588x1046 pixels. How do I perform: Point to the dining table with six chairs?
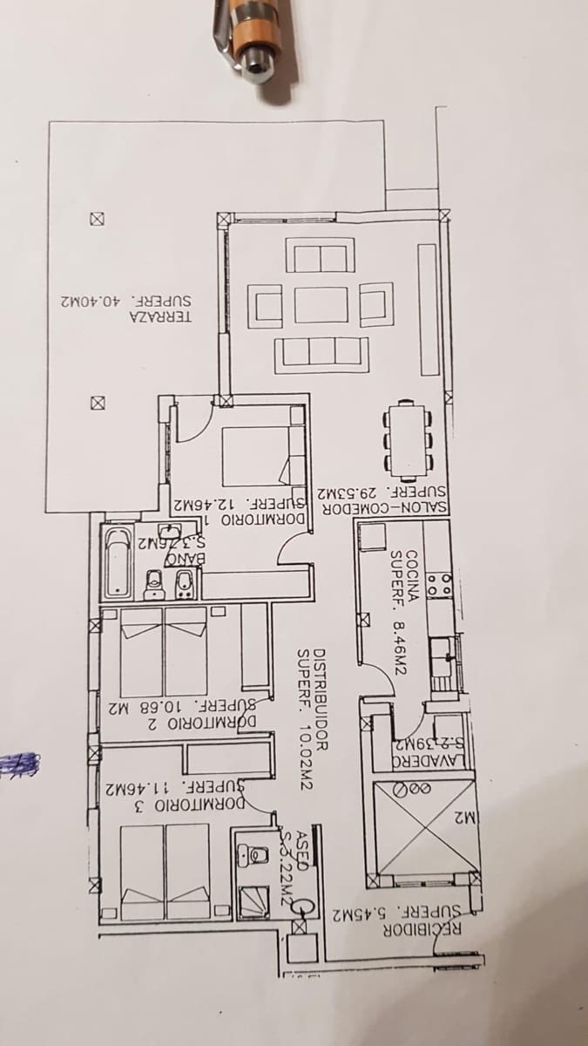408,441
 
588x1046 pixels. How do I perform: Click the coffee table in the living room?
321,307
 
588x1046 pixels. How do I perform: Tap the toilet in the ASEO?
254,857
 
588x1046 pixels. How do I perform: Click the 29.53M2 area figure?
352,492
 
